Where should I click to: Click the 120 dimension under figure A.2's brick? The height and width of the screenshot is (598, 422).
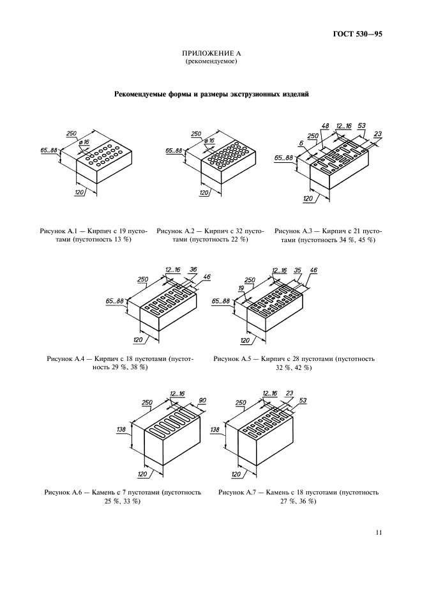(x=204, y=192)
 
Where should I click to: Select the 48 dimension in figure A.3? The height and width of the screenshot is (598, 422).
(x=324, y=126)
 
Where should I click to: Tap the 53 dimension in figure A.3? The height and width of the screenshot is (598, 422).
(x=361, y=126)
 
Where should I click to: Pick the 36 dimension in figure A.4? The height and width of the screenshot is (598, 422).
(x=193, y=270)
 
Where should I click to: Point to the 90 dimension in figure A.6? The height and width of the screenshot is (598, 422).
(x=202, y=401)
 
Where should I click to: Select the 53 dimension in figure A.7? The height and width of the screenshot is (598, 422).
(x=303, y=401)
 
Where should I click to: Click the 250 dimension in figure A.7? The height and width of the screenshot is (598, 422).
(x=241, y=402)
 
